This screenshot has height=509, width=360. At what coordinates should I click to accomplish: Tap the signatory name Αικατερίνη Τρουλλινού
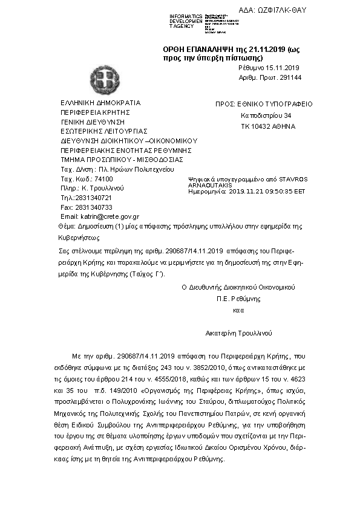[x=238, y=332]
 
